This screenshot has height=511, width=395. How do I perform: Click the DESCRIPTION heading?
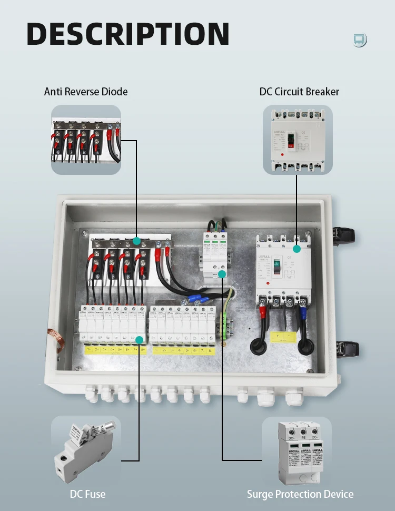point(128,34)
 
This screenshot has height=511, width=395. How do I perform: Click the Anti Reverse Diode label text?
point(86,92)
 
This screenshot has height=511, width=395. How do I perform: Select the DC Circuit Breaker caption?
point(299,92)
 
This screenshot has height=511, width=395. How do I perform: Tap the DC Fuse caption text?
point(87,494)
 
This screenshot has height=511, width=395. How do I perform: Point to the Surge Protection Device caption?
point(300,494)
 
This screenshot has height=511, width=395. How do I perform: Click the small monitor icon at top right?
point(360,40)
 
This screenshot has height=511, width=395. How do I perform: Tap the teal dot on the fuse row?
point(139,340)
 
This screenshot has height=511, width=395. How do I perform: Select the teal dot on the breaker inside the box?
point(297,248)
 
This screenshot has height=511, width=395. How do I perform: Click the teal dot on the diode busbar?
point(136,241)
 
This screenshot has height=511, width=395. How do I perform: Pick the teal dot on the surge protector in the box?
point(222,274)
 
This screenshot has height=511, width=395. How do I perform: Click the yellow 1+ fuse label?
point(89,350)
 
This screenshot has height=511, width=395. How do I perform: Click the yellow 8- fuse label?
point(211,350)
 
